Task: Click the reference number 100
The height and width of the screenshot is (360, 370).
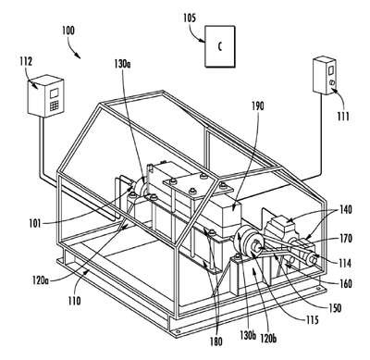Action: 68,31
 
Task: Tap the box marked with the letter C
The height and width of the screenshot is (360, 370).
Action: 220,46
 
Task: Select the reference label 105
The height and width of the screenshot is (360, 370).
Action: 190,18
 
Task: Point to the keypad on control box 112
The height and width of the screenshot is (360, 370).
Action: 55,106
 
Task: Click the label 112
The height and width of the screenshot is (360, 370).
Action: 26,62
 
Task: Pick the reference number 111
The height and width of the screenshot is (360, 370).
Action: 343,117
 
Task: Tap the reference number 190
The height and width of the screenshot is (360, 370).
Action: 258,106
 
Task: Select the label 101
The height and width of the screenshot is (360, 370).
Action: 35,223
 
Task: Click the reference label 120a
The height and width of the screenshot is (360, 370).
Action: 41,280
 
